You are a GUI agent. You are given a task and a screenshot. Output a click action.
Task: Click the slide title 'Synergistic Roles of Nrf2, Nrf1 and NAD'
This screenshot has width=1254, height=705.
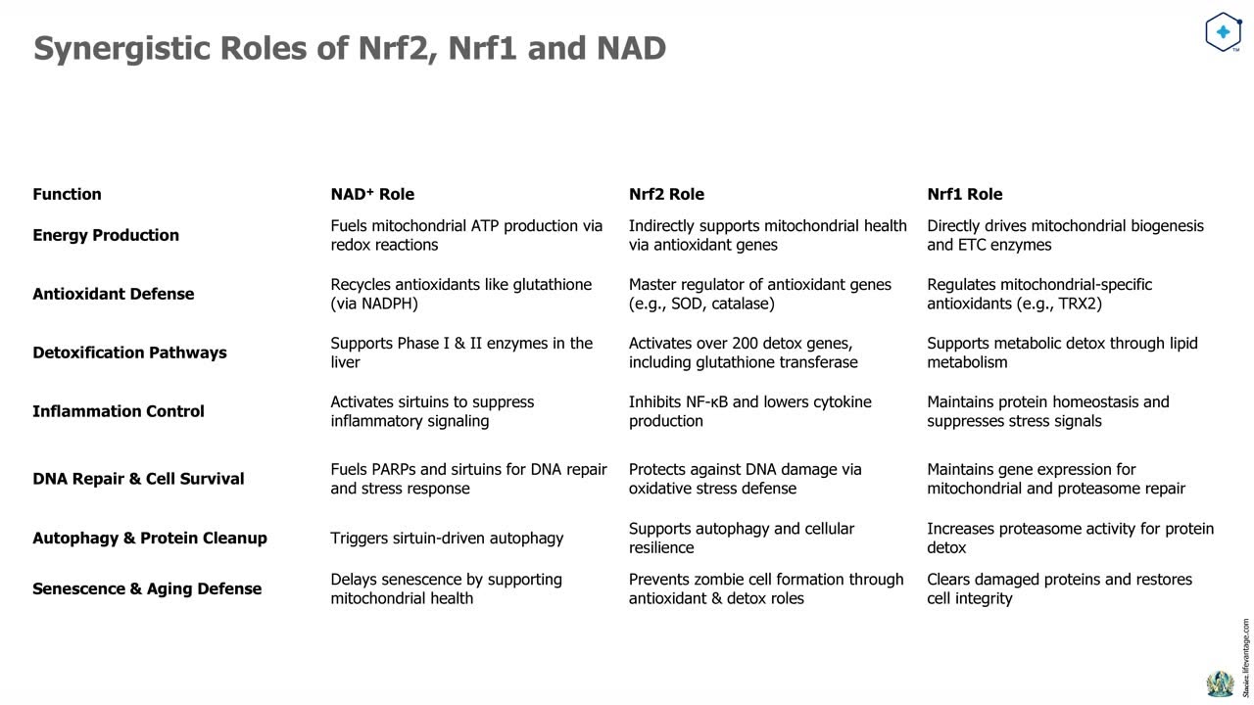(350, 48)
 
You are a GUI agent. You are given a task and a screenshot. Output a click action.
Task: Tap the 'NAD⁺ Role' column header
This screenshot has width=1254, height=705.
(372, 194)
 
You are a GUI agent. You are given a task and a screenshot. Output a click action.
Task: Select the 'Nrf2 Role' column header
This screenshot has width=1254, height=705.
(666, 194)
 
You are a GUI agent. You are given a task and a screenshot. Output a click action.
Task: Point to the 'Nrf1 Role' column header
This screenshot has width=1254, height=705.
(964, 194)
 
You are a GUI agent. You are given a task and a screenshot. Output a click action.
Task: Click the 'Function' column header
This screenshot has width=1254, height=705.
(67, 194)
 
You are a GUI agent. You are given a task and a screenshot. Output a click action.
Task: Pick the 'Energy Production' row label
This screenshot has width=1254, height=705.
(106, 235)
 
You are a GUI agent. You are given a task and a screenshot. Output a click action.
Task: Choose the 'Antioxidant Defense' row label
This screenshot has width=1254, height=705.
(113, 294)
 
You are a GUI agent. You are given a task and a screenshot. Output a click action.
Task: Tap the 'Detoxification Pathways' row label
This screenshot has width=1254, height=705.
(129, 352)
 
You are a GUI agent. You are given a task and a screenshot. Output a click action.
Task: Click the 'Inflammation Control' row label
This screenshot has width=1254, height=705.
(119, 411)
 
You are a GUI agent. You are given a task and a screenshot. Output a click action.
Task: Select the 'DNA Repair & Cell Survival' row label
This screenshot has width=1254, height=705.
(138, 479)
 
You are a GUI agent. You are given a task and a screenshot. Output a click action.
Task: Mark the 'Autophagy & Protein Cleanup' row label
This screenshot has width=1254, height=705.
(150, 538)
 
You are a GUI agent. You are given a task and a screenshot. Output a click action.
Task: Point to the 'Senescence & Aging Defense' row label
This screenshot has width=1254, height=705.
(147, 588)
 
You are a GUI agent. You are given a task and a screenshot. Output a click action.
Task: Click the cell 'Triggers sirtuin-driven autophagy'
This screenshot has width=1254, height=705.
(447, 538)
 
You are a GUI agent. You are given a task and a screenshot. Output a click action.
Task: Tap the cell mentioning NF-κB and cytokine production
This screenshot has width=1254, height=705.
(749, 411)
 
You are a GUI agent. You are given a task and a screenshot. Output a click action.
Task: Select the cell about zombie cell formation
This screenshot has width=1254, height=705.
(766, 588)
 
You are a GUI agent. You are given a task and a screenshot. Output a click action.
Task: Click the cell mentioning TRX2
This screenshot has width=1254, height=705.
(1039, 294)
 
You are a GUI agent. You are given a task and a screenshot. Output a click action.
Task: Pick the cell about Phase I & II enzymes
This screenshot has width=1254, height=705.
(461, 352)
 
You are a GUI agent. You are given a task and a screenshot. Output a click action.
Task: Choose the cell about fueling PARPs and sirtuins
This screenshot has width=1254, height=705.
(468, 479)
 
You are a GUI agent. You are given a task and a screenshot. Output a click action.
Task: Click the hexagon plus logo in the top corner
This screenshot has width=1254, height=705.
(1223, 32)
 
